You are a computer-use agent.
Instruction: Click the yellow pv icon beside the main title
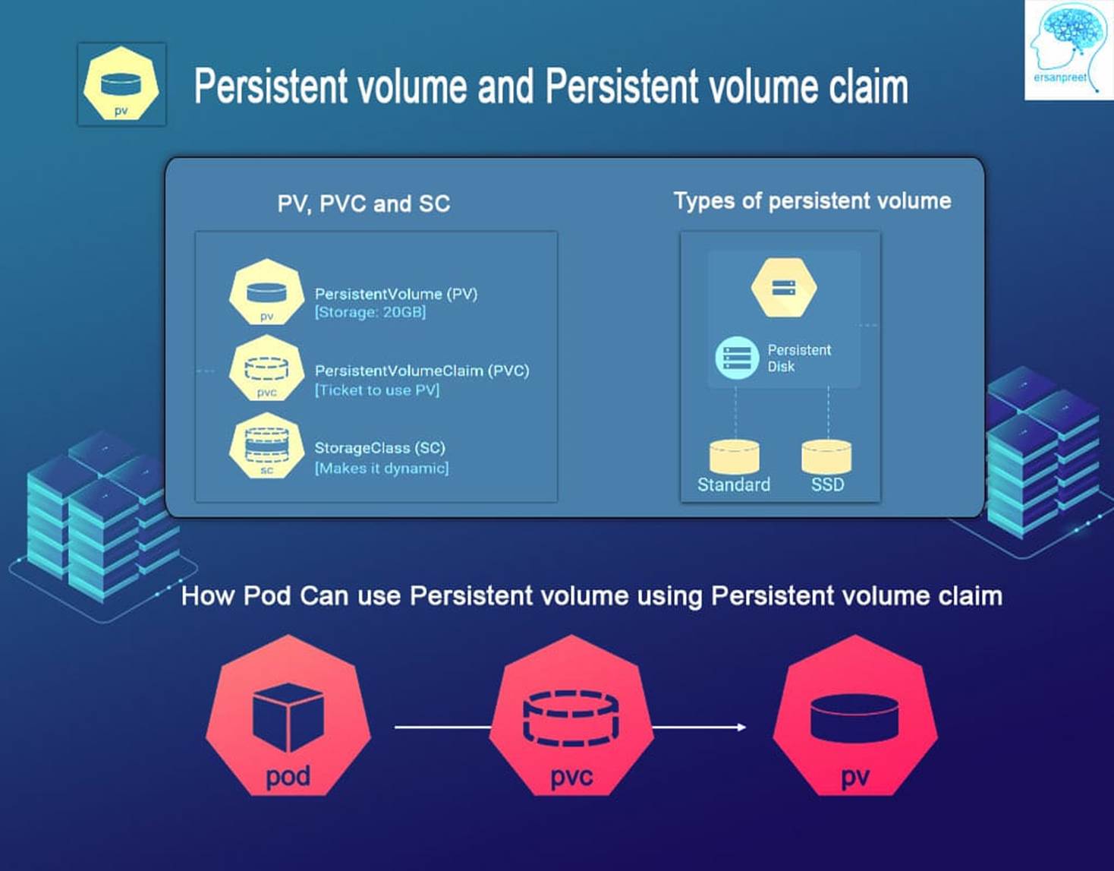point(121,84)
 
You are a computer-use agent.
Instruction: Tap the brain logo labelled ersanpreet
point(1069,50)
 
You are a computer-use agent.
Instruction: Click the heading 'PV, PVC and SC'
point(363,204)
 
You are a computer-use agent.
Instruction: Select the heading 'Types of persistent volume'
point(812,200)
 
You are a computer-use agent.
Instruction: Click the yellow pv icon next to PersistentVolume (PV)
point(266,292)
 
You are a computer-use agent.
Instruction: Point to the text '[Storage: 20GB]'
point(370,312)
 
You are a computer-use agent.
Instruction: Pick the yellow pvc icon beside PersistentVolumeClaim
point(266,368)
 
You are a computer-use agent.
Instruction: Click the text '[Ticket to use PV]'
point(377,390)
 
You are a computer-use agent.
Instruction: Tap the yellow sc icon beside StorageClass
point(266,445)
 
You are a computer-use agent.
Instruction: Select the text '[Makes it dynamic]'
point(382,469)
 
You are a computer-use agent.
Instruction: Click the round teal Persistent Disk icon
point(737,358)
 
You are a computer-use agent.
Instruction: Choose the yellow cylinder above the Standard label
point(735,456)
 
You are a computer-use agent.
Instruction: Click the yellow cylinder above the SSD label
point(827,456)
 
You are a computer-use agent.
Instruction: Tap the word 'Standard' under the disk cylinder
point(734,484)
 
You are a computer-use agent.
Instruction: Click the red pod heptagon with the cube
point(288,715)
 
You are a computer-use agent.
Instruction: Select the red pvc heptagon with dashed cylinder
point(571,715)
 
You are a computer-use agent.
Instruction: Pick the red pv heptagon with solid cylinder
point(855,715)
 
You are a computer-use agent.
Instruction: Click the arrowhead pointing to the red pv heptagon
point(741,727)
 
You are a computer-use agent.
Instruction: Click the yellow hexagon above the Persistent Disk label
point(784,288)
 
